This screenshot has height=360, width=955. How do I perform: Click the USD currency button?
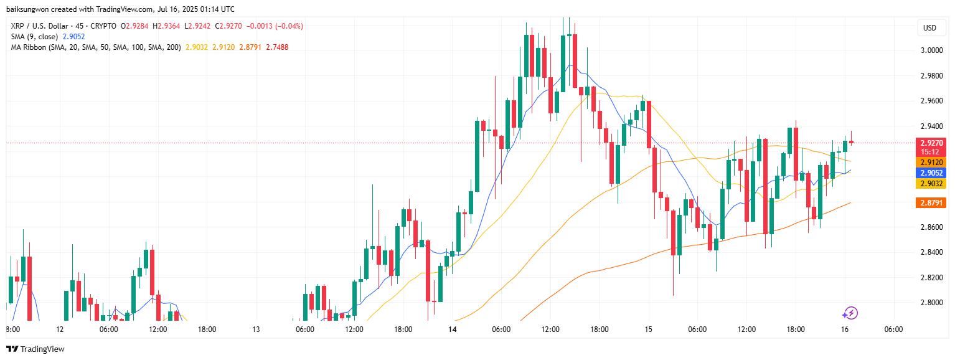point(929,28)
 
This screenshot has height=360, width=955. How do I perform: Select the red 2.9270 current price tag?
point(932,143)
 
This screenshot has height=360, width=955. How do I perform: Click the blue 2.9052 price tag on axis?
point(932,173)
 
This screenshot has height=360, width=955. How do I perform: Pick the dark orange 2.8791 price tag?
point(932,203)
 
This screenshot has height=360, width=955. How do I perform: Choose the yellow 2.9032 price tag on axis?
point(932,183)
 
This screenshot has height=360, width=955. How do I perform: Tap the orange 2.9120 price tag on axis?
point(932,162)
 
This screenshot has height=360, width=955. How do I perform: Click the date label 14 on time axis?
point(452,329)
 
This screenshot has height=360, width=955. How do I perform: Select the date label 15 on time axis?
point(648,329)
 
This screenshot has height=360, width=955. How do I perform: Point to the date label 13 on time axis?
point(256,329)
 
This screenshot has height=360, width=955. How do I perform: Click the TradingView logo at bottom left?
point(35,349)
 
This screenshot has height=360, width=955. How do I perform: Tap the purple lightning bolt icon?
point(850,313)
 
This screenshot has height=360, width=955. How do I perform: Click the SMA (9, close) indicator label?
point(35,37)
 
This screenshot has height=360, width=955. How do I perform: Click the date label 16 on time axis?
point(844,329)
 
